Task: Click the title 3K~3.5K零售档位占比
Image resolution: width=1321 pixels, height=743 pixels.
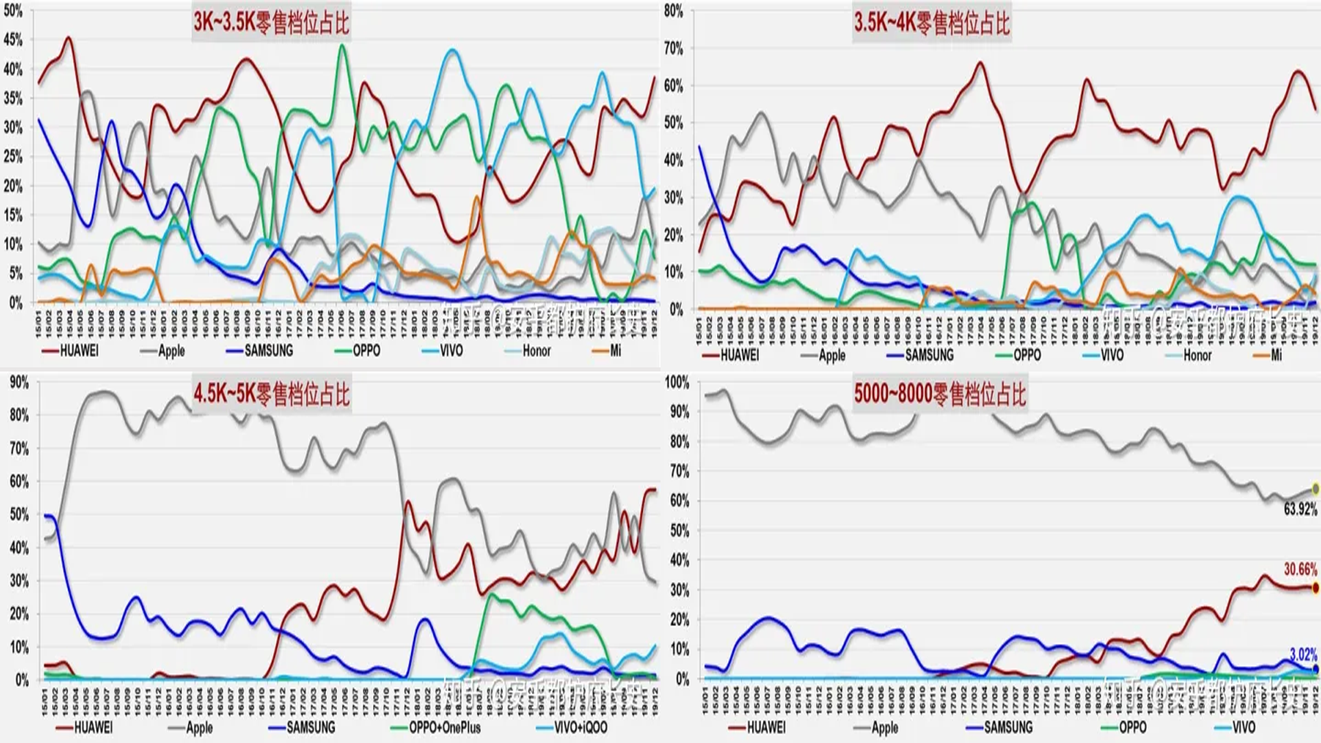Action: [x=271, y=23]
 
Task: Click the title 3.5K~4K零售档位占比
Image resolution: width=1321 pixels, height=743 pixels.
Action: [x=932, y=23]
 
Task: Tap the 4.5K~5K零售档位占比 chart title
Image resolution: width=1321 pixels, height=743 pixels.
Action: [x=271, y=394]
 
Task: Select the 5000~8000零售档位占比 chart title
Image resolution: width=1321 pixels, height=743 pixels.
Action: [x=940, y=394]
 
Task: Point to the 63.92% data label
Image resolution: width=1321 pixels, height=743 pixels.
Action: [x=1300, y=510]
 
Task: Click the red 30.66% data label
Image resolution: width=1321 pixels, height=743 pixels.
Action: [x=1300, y=569]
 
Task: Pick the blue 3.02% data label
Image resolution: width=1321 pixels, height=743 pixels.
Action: [x=1303, y=654]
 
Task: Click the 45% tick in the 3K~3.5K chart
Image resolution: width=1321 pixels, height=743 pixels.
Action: [x=13, y=40]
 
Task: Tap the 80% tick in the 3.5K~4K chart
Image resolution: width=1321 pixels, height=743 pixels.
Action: [x=674, y=11]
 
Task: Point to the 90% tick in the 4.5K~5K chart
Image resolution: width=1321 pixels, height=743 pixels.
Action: [x=19, y=383]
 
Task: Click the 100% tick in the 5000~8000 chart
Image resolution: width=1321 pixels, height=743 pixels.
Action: [x=676, y=383]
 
